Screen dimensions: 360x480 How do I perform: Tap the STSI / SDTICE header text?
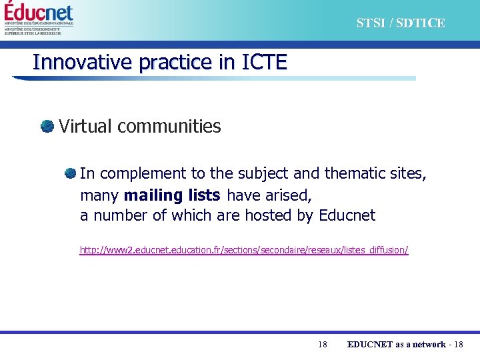tap(400, 23)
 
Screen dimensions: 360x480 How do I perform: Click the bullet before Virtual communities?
tap(47, 126)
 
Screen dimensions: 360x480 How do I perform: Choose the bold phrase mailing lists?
tap(172, 195)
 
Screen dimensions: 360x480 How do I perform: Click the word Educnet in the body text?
tap(347, 215)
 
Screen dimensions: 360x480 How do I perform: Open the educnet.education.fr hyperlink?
tap(244, 250)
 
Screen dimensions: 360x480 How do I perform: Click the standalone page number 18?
tap(323, 344)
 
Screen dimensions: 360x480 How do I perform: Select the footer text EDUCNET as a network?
tap(396, 344)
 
